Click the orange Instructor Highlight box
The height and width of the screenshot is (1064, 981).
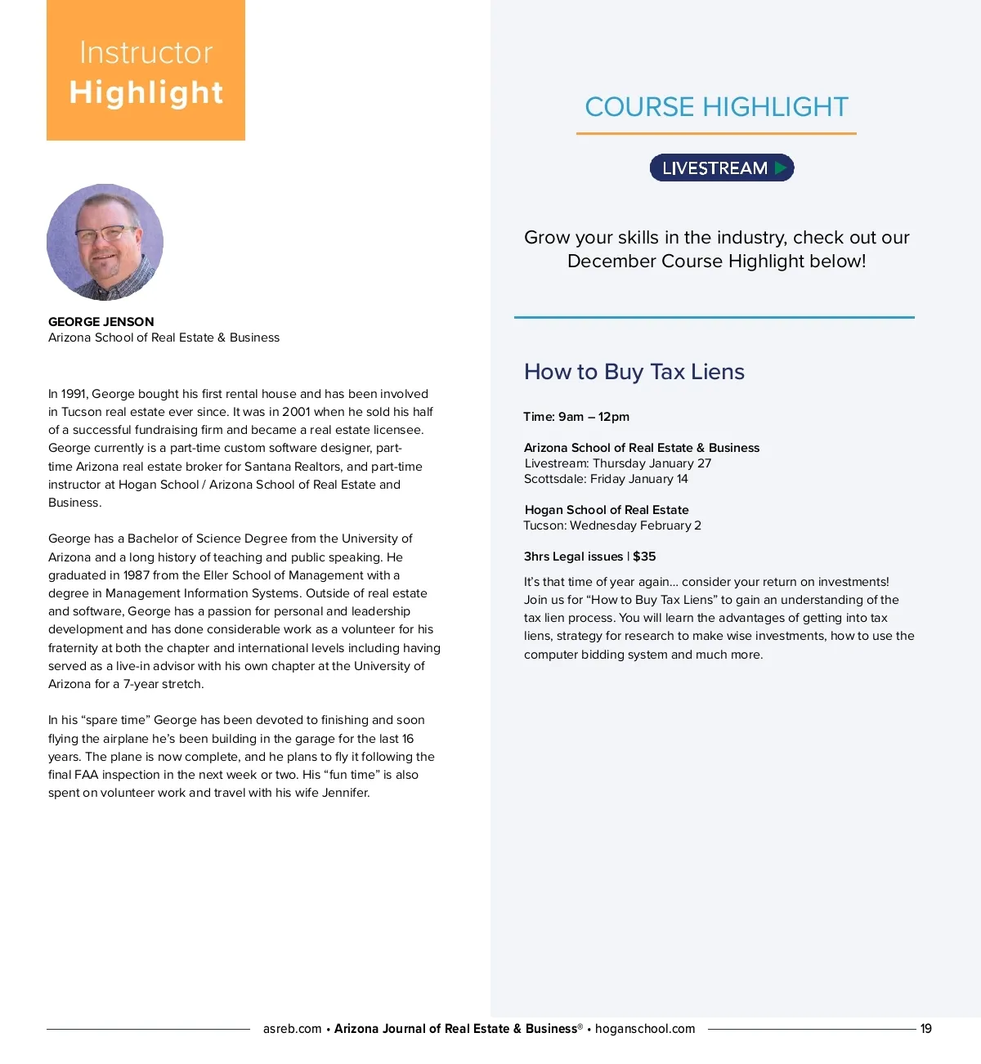(146, 71)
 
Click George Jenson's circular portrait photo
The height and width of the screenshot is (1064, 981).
(105, 242)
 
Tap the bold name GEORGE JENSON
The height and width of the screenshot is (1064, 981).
(101, 322)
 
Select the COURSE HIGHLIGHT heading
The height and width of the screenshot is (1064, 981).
(716, 107)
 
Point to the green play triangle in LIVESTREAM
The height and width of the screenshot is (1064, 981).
(781, 168)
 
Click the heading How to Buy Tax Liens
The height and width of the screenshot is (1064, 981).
(634, 372)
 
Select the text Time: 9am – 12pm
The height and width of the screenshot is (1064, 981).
(576, 417)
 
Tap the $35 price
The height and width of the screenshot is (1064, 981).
(644, 557)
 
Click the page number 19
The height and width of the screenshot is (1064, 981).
(925, 1029)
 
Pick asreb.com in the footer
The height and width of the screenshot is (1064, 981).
(292, 1029)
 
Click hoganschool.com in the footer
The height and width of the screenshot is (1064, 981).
(645, 1029)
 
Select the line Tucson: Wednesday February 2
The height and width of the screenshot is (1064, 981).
(612, 525)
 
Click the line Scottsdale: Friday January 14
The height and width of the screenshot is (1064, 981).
(606, 479)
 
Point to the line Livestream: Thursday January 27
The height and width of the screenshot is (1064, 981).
(617, 463)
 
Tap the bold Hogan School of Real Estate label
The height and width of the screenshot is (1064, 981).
(607, 510)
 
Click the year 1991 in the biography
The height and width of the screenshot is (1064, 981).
(74, 394)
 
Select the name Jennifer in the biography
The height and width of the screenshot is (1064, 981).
(346, 793)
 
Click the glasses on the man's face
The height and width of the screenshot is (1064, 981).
(105, 234)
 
